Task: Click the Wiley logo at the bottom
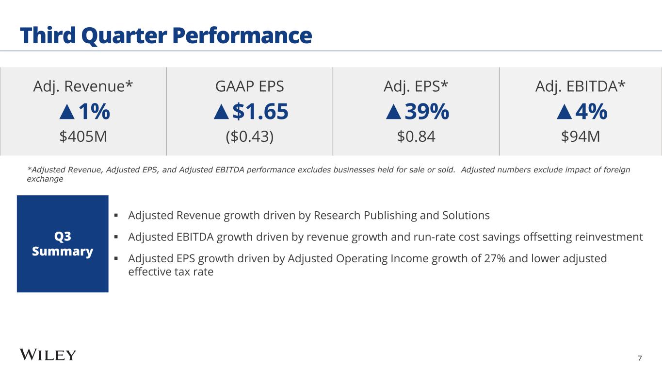tap(48, 355)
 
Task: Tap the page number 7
tap(640, 358)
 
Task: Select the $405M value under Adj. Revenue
tap(83, 137)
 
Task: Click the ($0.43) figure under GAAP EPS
tap(250, 137)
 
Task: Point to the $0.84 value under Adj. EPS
tap(416, 137)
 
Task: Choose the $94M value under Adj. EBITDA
tap(581, 137)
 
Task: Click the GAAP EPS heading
tap(250, 86)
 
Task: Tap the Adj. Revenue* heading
tap(83, 86)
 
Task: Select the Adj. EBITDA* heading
tap(581, 86)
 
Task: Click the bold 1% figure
tap(94, 112)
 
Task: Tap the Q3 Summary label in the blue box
tap(63, 244)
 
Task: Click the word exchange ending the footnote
tap(45, 179)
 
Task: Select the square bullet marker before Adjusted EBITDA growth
tap(116, 237)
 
